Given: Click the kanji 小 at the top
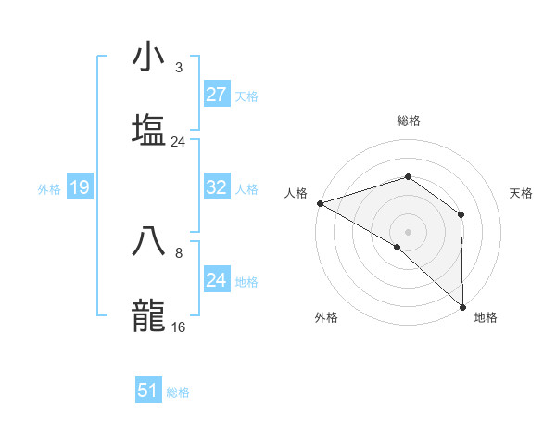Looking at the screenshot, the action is (149, 58).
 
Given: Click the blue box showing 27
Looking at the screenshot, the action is (216, 95).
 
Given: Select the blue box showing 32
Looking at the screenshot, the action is (216, 188).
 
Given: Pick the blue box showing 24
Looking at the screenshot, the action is (216, 280).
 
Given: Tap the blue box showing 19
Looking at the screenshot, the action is (79, 188).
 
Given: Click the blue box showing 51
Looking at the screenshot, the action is (147, 391).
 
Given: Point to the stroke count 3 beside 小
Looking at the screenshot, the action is (178, 67).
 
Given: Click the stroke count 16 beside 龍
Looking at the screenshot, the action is (179, 327).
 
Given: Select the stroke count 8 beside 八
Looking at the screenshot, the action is (178, 251).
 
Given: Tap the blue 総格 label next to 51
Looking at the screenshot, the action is (178, 392).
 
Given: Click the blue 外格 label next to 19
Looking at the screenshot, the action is (49, 189).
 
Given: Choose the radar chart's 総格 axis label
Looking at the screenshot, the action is (409, 121).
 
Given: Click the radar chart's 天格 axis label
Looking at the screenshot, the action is (522, 193).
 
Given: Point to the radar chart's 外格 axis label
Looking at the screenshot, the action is (326, 317).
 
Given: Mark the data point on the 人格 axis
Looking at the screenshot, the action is (320, 203).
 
